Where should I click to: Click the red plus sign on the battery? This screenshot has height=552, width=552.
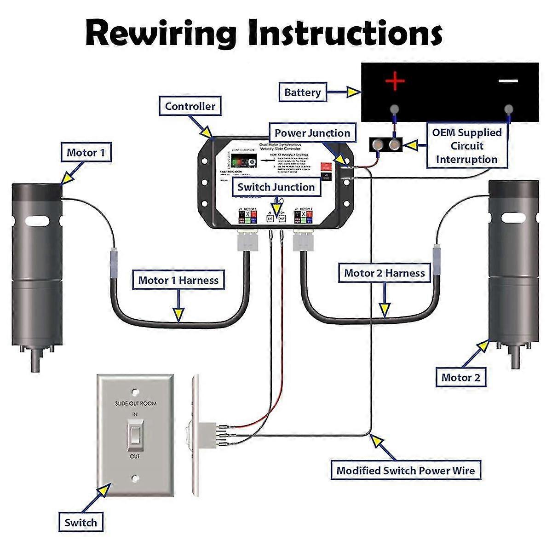point(395,81)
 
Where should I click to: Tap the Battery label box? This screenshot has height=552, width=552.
point(302,92)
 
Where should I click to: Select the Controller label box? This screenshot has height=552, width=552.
point(190,106)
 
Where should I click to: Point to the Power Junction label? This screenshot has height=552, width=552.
point(312,133)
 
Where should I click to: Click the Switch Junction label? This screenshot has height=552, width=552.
point(276,187)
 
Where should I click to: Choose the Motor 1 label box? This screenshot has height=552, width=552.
point(86,153)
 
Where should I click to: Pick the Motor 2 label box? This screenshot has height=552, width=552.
point(460,378)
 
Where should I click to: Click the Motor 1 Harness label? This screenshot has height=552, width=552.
point(178,280)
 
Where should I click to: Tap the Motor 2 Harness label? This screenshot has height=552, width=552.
point(385,273)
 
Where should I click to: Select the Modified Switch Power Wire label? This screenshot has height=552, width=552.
point(406,471)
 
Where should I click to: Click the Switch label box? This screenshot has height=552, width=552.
point(81,523)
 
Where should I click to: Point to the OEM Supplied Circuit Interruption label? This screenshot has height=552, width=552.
point(466,146)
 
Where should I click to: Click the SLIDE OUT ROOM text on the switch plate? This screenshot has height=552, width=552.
point(135,403)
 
